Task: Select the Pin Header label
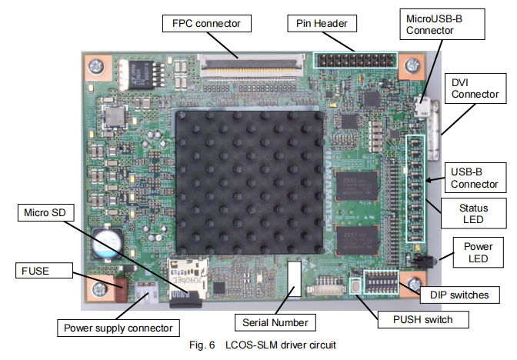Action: pyautogui.click(x=322, y=24)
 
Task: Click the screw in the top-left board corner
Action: pyautogui.click(x=98, y=66)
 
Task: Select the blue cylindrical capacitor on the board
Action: pyautogui.click(x=107, y=241)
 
